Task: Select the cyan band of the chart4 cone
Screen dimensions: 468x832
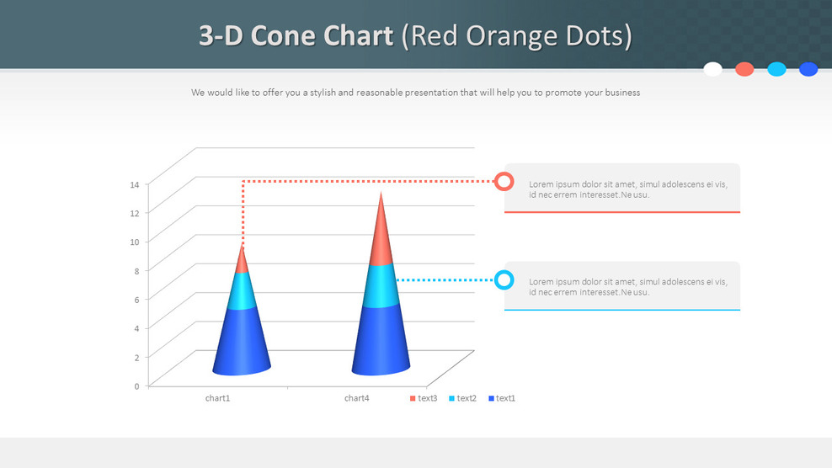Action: [x=381, y=286]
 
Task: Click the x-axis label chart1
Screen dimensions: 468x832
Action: [x=217, y=398]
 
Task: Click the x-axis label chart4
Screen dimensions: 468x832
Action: [x=357, y=398]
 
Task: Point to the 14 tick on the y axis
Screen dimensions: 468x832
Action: [x=135, y=184]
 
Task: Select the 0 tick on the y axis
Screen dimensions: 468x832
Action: [x=136, y=386]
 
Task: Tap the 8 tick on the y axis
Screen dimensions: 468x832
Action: [x=136, y=271]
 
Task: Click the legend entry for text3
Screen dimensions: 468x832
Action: [x=424, y=398]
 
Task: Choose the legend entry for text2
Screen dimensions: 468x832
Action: [x=462, y=398]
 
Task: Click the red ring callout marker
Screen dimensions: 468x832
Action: [x=504, y=181]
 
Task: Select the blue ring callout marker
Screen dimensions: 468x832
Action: [x=504, y=280]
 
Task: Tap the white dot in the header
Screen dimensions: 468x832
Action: [x=712, y=69]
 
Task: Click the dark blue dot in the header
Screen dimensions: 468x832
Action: [x=808, y=69]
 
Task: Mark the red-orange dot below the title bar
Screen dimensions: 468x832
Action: [x=744, y=69]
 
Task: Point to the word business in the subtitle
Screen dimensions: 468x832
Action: [x=621, y=93]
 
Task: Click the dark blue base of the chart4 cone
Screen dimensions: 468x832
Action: [x=381, y=341]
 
